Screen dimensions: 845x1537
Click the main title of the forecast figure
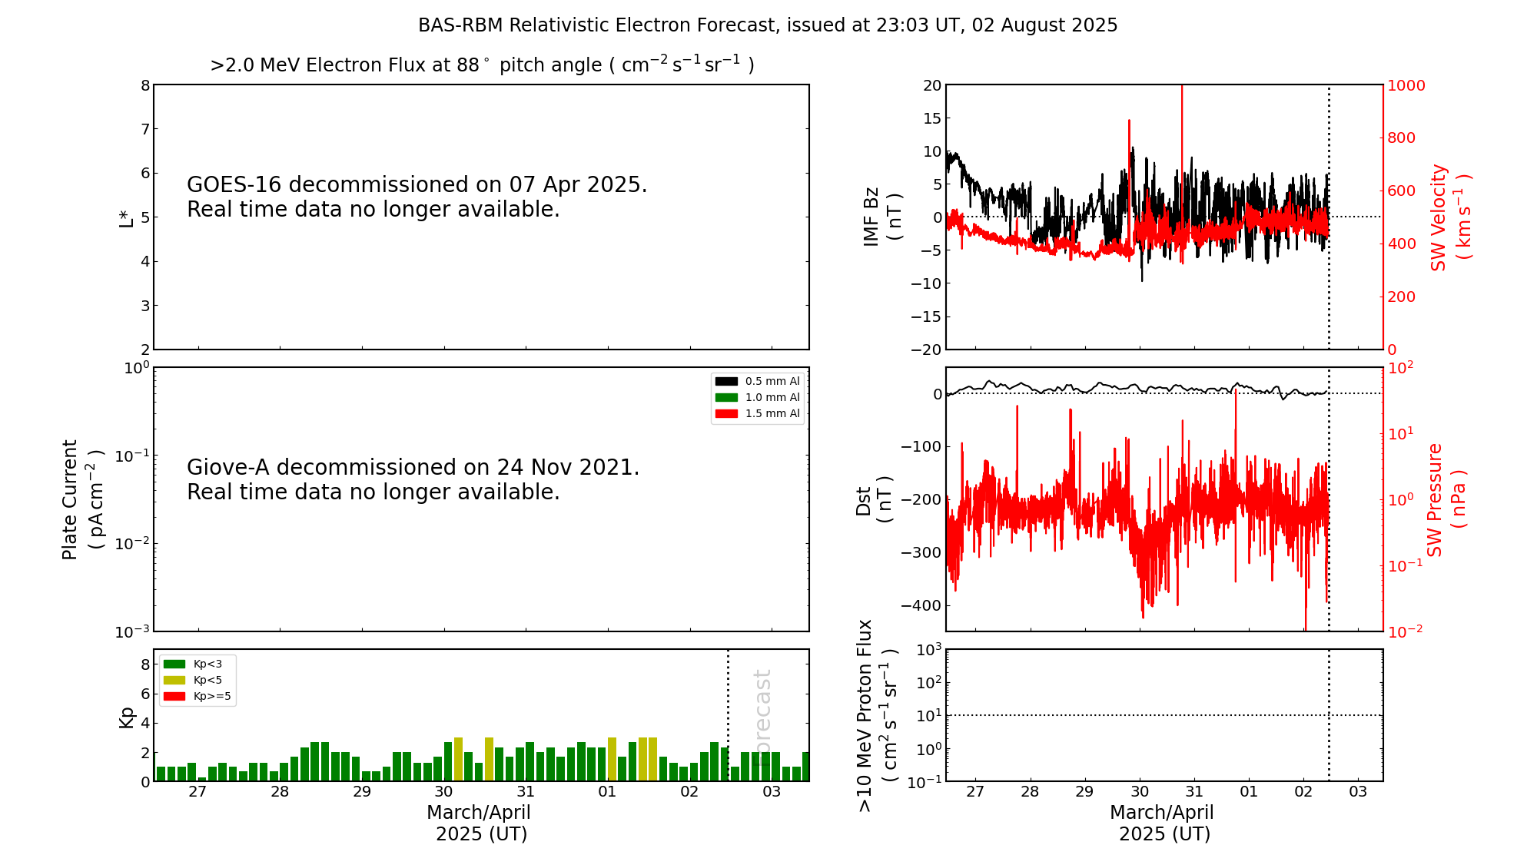(x=768, y=25)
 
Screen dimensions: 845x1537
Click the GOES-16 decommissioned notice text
(x=417, y=197)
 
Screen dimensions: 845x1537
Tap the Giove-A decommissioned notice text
(x=413, y=479)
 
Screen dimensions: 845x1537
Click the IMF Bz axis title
(x=882, y=217)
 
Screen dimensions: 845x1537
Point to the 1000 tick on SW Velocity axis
(x=1406, y=85)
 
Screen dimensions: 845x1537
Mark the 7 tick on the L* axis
(x=144, y=129)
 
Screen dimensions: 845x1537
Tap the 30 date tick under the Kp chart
(x=443, y=792)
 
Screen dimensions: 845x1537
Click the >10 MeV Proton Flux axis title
(x=877, y=715)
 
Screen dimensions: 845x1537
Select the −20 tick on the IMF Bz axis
(x=926, y=350)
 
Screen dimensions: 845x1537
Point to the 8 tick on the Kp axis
(x=144, y=664)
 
